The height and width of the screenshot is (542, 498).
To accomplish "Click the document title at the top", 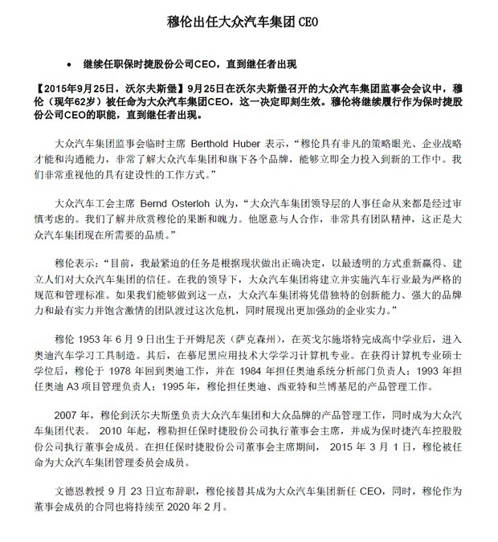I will pyautogui.click(x=249, y=25).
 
